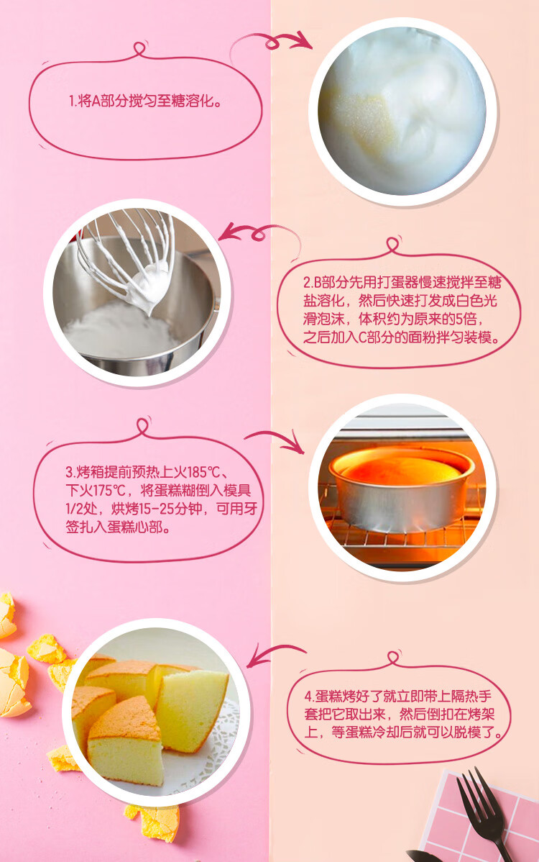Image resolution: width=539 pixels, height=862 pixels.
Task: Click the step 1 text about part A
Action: [145, 101]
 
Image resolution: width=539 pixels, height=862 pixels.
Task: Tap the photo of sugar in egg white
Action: [402, 112]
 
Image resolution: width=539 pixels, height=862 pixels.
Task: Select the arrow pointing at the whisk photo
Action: [258, 232]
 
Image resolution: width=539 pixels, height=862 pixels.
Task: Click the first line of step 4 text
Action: [398, 696]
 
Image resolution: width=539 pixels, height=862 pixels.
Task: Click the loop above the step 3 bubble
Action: [143, 426]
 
